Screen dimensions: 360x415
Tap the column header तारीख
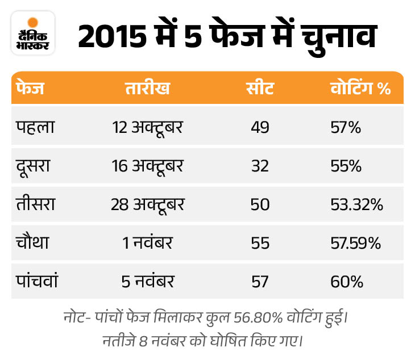[147, 89]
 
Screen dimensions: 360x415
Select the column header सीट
[260, 89]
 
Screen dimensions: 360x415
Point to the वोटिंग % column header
[360, 89]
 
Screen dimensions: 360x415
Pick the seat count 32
[260, 166]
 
